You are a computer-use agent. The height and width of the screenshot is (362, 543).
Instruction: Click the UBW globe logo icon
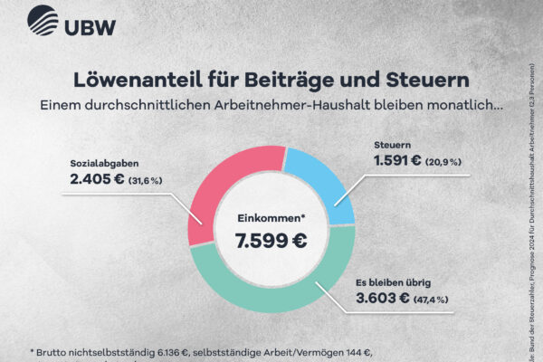pos(42,21)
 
